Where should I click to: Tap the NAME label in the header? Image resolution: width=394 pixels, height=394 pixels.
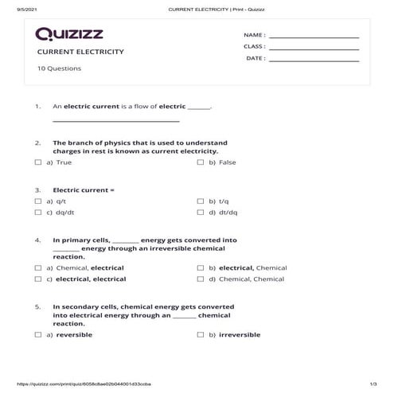254,36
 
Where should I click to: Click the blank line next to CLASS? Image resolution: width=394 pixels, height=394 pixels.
314,47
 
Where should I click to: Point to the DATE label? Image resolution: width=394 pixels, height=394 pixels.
255,58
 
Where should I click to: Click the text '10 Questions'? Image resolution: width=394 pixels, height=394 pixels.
59,68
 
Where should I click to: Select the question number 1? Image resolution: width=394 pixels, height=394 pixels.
37,106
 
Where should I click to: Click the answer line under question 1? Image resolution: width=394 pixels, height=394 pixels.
115,121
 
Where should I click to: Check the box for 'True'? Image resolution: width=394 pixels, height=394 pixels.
38,162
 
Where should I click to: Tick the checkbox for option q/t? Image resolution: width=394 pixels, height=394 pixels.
38,201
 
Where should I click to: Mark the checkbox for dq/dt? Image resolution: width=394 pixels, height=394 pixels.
38,213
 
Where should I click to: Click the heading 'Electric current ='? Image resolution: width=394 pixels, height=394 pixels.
84,190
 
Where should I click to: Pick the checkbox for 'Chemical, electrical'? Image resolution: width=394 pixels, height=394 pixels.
38,268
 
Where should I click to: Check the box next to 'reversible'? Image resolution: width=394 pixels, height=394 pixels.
38,335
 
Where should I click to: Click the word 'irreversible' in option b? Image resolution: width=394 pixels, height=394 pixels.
240,335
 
